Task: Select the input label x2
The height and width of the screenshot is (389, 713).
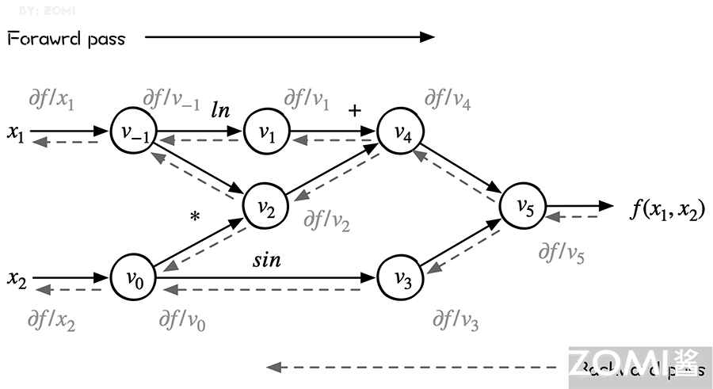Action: [x=17, y=279]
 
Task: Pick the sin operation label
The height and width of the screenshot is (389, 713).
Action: [x=267, y=260]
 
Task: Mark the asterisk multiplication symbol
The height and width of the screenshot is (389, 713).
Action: [x=195, y=215]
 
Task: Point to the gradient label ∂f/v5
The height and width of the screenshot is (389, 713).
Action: [x=561, y=253]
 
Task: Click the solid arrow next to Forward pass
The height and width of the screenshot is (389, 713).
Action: [x=289, y=36]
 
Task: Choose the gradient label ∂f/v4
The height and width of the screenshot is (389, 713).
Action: [x=447, y=99]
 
